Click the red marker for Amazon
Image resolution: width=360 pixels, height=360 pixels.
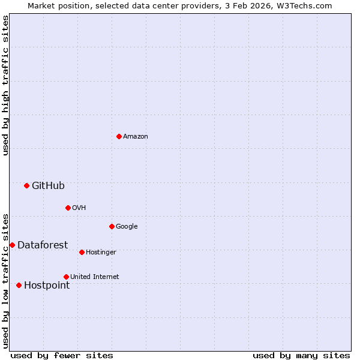pos(119,136)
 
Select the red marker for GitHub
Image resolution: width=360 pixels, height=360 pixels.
pos(26,185)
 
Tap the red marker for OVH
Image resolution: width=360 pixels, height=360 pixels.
pos(68,208)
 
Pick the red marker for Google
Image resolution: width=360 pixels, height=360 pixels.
pos(112,226)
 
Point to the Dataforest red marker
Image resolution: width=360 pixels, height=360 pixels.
pos(12,245)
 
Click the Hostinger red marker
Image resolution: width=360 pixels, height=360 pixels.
pos(82,252)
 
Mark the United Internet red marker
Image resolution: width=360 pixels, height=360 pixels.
pos(66,277)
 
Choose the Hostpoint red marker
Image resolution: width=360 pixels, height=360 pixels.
pos(19,285)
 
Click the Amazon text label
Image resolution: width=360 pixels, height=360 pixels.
pos(136,137)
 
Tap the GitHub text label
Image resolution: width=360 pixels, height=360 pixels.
pos(48,186)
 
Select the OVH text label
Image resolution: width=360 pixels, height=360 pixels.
pos(79,208)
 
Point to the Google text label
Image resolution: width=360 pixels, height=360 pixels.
pos(127,227)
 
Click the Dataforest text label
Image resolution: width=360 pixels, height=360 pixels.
pos(43,245)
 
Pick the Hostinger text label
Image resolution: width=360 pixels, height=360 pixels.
pos(101,253)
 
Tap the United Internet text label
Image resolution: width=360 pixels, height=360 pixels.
pos(95,277)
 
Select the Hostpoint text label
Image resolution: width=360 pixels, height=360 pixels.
pos(47,286)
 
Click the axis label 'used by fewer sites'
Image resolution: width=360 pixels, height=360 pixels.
pos(62,356)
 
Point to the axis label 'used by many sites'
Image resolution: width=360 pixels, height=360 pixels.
pos(301,356)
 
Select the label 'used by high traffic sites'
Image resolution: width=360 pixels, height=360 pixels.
pos(5,85)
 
